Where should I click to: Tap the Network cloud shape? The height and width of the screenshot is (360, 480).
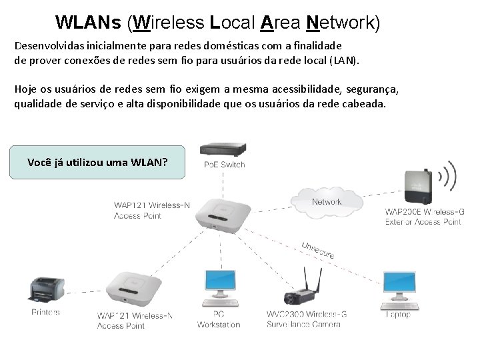326,200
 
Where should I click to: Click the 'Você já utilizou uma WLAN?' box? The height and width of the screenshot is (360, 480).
97,162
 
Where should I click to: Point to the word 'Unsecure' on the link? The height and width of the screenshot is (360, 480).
318,249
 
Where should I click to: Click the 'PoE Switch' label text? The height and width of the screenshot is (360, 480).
225,165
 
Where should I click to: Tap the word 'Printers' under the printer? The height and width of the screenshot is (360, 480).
45,312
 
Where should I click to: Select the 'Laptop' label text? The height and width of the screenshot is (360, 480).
398,314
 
